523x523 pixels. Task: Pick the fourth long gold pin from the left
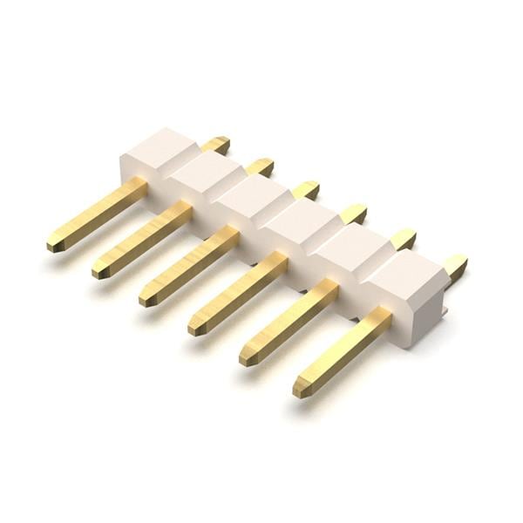pyautogui.click(x=238, y=292)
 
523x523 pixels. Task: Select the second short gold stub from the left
pyautogui.click(x=259, y=166)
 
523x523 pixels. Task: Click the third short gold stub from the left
pyautogui.click(x=305, y=190)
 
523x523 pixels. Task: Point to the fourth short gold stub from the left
pyautogui.click(x=353, y=214)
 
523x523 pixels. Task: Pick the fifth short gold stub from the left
pyautogui.click(x=402, y=239)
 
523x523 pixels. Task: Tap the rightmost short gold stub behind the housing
pyautogui.click(x=454, y=265)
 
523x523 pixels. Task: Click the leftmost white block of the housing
pyautogui.click(x=157, y=153)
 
